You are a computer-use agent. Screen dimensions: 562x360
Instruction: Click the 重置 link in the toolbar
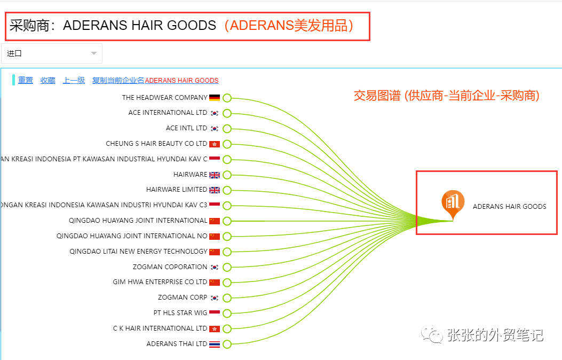[26, 80]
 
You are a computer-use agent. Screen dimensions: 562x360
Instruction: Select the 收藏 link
[48, 80]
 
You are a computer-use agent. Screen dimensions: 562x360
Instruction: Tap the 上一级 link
[74, 80]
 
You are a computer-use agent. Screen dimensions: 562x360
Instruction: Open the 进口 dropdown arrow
[94, 53]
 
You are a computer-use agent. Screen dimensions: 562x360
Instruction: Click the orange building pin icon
[453, 204]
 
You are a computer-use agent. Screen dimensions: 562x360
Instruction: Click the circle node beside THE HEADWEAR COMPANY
[227, 98]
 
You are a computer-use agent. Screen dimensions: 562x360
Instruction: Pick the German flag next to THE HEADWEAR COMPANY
[215, 98]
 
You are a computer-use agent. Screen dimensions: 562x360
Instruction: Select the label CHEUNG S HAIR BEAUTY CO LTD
[156, 144]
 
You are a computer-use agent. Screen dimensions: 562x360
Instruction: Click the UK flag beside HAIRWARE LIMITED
[215, 190]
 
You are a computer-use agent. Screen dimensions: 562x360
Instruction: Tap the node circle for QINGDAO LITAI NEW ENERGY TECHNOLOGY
[227, 252]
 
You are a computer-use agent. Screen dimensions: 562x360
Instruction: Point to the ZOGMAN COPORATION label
[170, 267]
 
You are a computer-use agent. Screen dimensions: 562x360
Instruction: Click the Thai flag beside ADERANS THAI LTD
[215, 344]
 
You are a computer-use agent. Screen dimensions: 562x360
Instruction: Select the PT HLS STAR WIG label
[180, 313]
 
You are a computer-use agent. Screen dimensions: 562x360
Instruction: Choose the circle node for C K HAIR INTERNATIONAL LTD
[227, 328]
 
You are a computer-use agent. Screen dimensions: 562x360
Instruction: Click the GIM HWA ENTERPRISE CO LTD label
[160, 282]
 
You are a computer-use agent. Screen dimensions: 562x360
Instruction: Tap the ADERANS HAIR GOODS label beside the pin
[509, 207]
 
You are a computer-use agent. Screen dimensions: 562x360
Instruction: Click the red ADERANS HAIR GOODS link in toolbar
[181, 81]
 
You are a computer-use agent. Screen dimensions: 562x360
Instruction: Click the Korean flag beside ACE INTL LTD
[215, 129]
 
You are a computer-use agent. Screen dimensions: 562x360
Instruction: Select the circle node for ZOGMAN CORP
[227, 298]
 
